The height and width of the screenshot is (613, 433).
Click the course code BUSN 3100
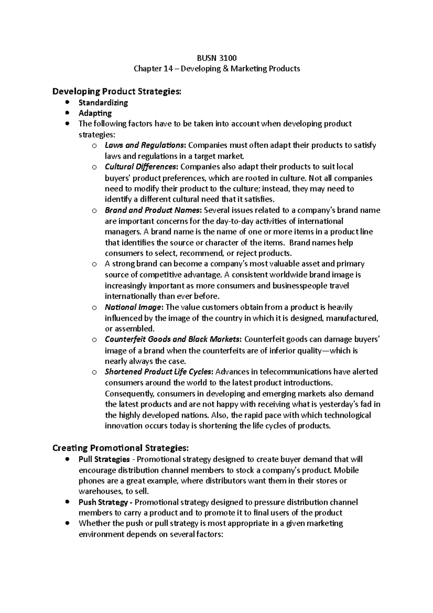(216, 58)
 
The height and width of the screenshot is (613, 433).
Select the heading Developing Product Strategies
(117, 91)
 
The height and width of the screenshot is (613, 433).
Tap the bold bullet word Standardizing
(103, 103)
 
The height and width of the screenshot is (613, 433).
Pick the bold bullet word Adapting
(95, 113)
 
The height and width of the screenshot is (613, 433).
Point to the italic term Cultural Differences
(141, 167)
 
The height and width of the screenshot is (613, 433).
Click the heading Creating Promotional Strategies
(120, 448)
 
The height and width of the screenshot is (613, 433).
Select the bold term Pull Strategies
(104, 459)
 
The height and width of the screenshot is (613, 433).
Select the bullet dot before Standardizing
(67, 103)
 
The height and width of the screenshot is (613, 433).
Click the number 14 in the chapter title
(167, 69)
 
